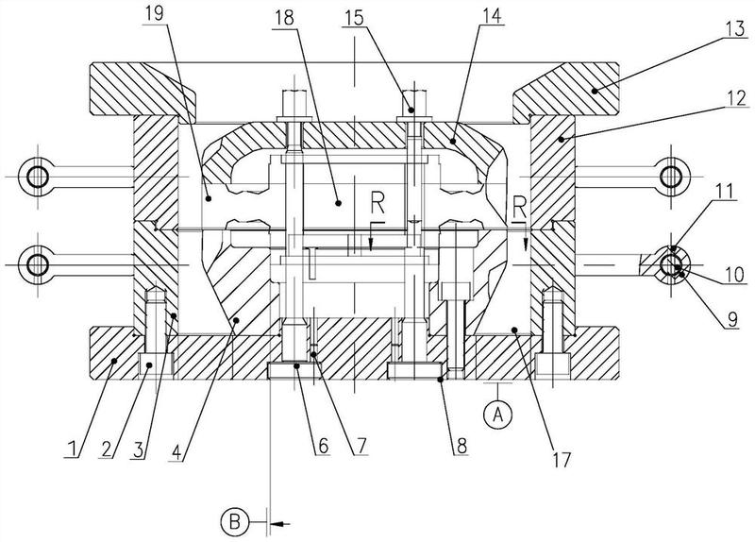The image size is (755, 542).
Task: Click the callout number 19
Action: (154, 13)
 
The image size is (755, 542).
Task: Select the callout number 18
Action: (284, 18)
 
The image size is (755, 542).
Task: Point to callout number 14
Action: (492, 15)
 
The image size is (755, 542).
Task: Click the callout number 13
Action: (736, 30)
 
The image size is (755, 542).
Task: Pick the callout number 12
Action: (737, 98)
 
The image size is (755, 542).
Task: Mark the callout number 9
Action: (732, 319)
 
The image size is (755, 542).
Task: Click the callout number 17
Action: (562, 460)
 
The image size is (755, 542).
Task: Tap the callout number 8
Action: (461, 446)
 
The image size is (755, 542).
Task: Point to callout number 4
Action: (176, 452)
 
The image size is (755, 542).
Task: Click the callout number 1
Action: (72, 449)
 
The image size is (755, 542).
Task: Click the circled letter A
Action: (498, 414)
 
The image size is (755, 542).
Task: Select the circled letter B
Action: (234, 522)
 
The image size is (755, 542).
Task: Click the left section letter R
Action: (377, 206)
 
